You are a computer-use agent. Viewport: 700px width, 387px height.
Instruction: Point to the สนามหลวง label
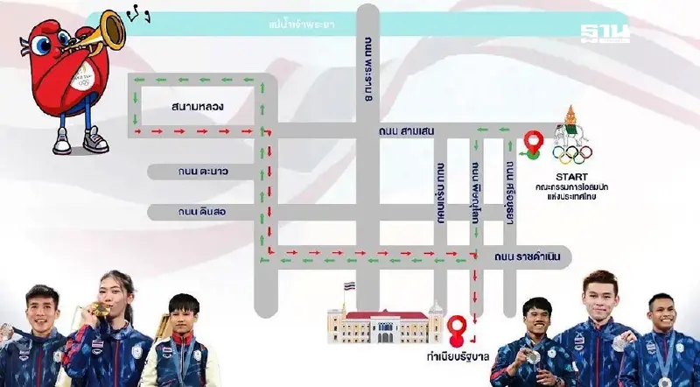199,107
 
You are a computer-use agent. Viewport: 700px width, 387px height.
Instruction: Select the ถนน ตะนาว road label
203,172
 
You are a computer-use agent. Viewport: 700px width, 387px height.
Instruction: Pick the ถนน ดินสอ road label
203,212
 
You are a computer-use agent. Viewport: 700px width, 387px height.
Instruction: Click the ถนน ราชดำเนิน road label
524,257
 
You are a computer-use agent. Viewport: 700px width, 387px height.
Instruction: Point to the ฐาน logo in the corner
605,32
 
